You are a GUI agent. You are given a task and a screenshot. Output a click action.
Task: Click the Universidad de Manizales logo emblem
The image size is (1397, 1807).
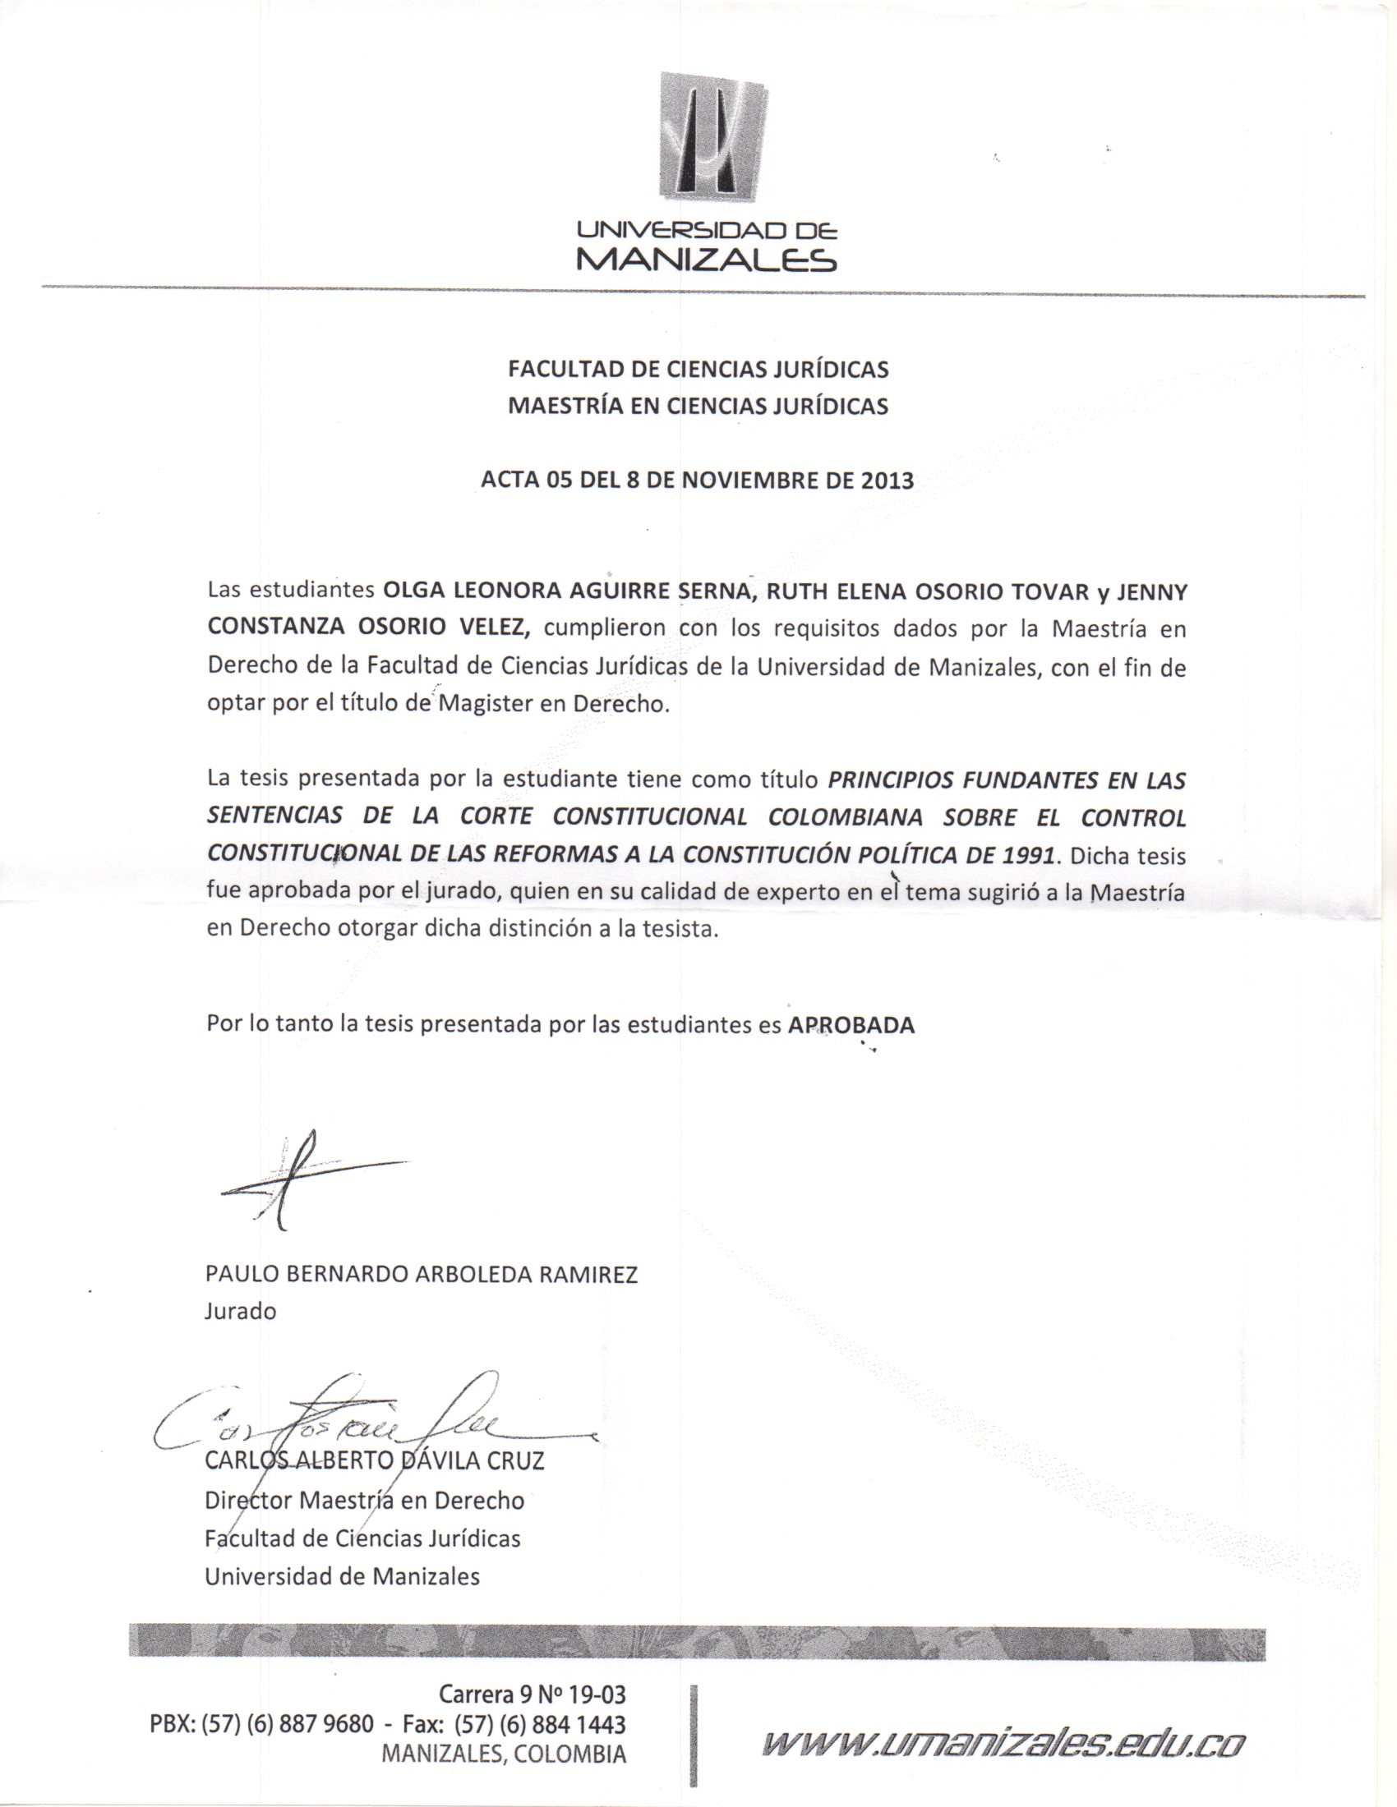click(x=712, y=136)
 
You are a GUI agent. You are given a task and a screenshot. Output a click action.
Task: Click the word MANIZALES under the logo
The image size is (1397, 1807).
click(x=706, y=260)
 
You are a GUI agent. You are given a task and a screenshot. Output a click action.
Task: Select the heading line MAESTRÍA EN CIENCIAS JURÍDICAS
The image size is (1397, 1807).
click(x=698, y=406)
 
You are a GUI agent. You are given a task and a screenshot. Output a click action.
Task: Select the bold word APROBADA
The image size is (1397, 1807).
click(x=850, y=1025)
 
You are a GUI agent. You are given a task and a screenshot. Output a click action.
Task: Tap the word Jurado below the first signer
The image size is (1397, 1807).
click(x=240, y=1312)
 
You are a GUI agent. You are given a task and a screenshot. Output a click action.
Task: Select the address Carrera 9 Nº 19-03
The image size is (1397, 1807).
click(x=533, y=1694)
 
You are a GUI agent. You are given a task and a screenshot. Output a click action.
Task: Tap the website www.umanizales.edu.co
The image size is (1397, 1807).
click(x=1003, y=1744)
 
